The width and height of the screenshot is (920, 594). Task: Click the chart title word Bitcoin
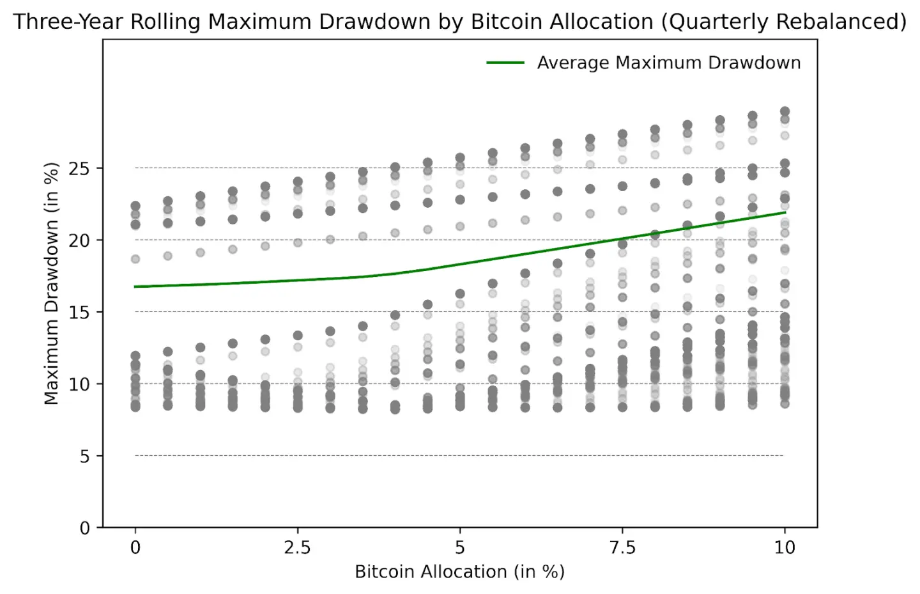[503, 22]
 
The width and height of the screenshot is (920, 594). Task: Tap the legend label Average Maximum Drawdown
[668, 63]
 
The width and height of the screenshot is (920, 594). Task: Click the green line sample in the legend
[505, 63]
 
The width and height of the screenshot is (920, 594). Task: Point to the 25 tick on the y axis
[80, 169]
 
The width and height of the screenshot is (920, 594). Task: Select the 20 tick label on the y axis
[80, 240]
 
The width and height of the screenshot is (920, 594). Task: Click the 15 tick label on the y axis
[80, 313]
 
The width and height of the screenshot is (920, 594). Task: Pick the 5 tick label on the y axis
[84, 457]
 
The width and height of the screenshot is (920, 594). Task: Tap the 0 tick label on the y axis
[84, 528]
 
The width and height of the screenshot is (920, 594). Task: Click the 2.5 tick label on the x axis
[297, 548]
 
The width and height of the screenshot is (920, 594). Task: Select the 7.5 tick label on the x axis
[622, 548]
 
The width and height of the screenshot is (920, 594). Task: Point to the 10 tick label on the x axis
[785, 548]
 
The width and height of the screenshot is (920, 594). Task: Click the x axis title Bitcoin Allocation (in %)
[459, 572]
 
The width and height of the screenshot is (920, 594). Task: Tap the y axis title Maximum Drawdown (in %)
[51, 283]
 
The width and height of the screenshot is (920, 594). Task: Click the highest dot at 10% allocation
[785, 111]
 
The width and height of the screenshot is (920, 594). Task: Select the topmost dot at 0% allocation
[135, 206]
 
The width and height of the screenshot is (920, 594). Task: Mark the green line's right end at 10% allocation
[785, 212]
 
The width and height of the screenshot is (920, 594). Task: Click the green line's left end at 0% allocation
[135, 286]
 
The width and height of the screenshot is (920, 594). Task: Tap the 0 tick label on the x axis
[135, 548]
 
